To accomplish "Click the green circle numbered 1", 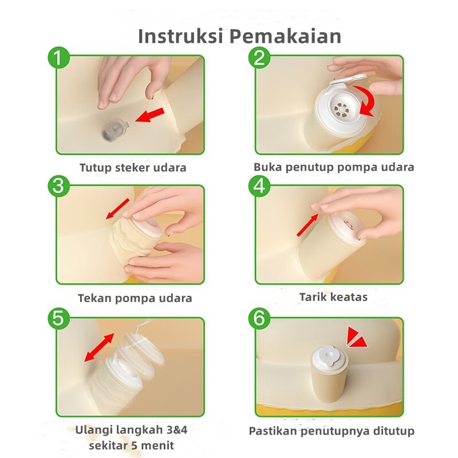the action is coord(59,58).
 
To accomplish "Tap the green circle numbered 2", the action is coord(260,58).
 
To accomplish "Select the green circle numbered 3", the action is coord(59,186).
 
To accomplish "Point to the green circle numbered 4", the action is coord(260,186).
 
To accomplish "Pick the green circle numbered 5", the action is coord(59,318).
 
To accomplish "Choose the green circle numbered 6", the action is coord(260,318).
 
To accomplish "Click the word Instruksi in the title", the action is coord(180,36).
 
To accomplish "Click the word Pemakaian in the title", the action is coord(285,36).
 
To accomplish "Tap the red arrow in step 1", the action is coord(150,115).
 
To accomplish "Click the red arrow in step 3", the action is coord(117,208).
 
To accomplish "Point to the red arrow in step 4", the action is coord(308,224).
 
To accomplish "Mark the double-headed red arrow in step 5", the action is coord(99,348).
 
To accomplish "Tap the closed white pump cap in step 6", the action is coord(329,356).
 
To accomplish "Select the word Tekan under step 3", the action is coord(94,298).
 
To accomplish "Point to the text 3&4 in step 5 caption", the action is coord(176,430).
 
